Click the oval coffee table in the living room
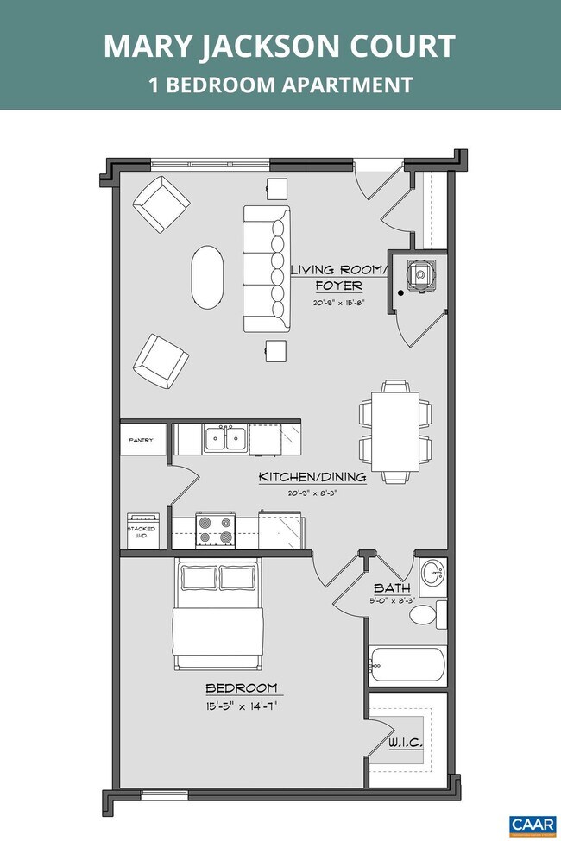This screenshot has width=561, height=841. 206,277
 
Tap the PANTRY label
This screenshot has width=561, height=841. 141,441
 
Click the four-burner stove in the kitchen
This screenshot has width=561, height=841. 215,529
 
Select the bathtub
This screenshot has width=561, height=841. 407,665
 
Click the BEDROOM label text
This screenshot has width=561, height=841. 241,687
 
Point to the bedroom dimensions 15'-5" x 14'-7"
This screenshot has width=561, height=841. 241,706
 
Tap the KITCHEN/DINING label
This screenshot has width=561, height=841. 312,477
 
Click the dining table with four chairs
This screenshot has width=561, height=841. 395,430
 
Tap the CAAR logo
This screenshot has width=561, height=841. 533,824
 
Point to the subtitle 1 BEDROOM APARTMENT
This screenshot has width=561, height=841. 280,85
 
